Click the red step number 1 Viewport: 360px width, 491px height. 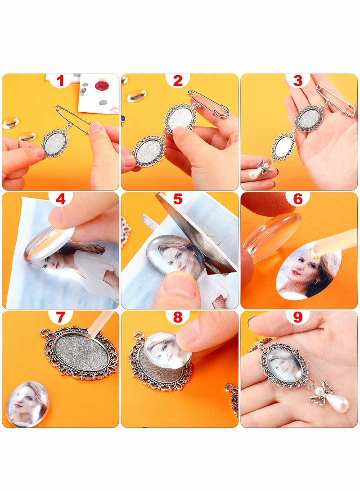[60, 81]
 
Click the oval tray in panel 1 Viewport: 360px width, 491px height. [55, 143]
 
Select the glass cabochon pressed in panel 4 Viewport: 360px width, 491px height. [49, 243]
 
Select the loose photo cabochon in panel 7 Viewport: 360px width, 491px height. [27, 404]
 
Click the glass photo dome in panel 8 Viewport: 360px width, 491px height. [167, 350]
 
